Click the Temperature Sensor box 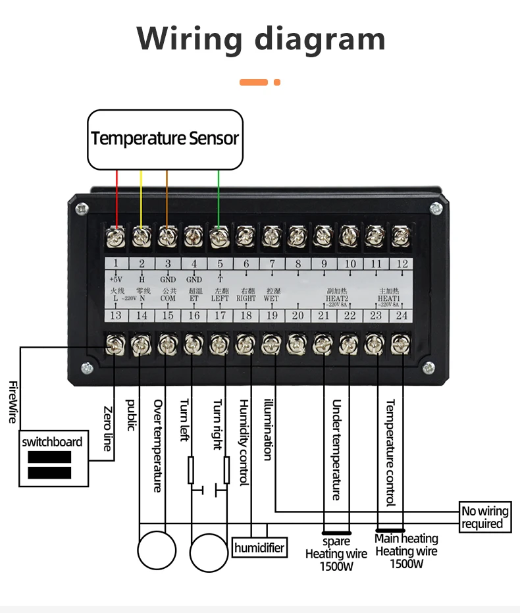coord(165,138)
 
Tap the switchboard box coord(53,458)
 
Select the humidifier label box coord(260,548)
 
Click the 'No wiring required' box coord(485,518)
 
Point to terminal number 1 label coord(116,265)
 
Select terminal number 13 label coord(116,315)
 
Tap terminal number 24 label coord(401,315)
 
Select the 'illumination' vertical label coord(268,429)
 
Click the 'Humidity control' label coord(244,442)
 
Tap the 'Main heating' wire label coord(406,539)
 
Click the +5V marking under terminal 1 coord(116,279)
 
